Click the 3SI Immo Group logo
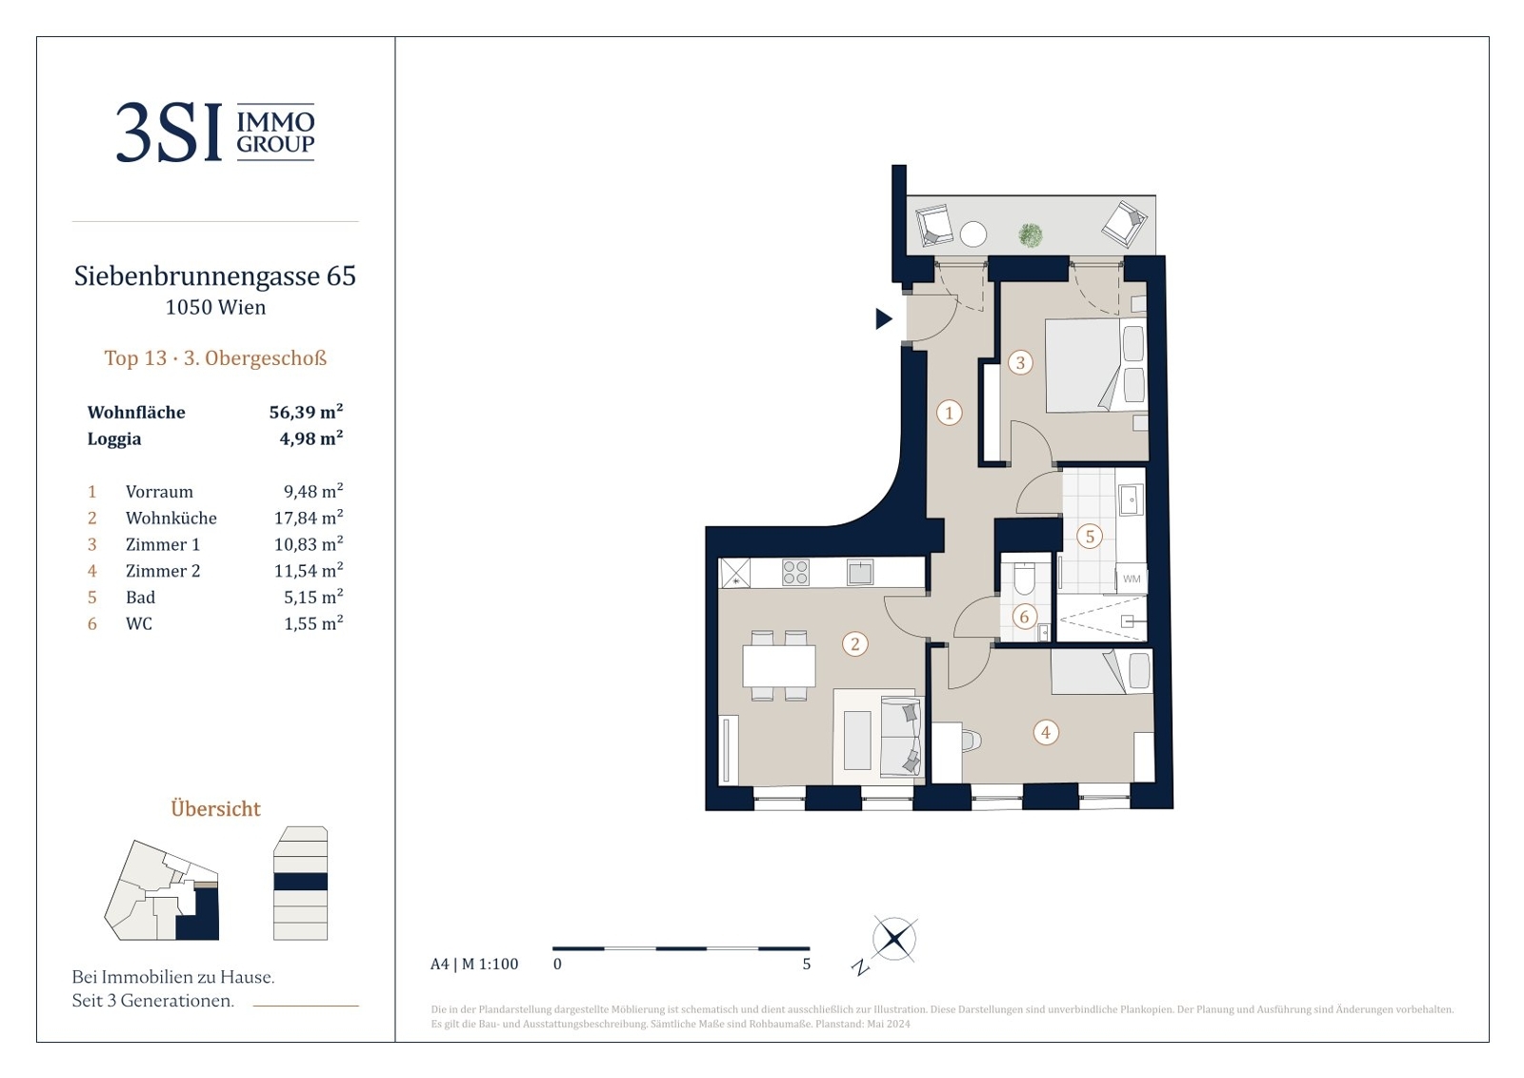point(215,132)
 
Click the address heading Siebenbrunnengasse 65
point(215,275)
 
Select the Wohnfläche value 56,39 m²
point(306,412)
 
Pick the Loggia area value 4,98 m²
point(311,438)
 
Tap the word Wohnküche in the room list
point(171,519)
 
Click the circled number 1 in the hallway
point(949,413)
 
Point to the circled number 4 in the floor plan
point(1046,733)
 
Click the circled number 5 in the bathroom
point(1090,537)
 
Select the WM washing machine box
point(1132,579)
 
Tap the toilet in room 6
point(1024,579)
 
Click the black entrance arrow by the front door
point(883,318)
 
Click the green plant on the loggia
point(1031,235)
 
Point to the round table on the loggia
point(973,234)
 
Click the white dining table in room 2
point(779,666)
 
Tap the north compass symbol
point(894,940)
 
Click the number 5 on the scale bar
point(806,965)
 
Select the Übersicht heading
point(215,809)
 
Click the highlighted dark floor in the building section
point(301,882)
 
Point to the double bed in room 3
point(1094,365)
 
